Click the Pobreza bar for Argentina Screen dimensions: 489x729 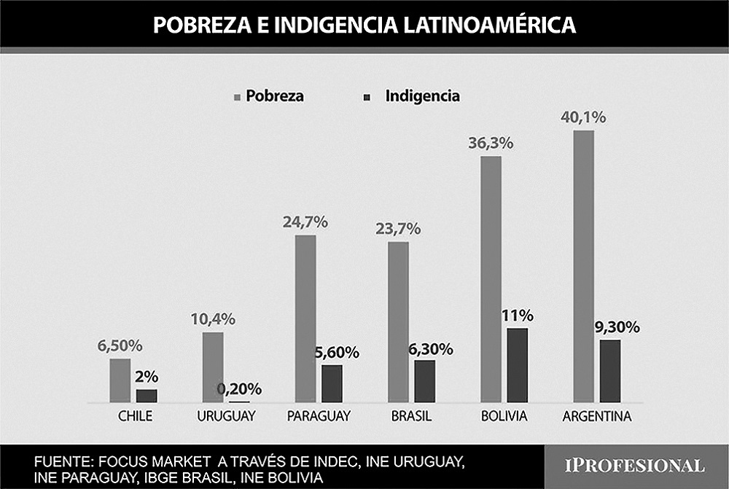click(x=584, y=266)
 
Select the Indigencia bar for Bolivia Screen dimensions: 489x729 click(x=517, y=365)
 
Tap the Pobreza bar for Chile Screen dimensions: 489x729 click(x=120, y=380)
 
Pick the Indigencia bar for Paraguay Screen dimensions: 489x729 click(x=332, y=383)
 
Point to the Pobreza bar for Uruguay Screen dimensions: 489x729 click(x=213, y=367)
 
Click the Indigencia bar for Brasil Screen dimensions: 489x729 click(x=424, y=380)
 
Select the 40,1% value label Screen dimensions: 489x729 click(x=584, y=117)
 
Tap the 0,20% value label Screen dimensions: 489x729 click(x=239, y=389)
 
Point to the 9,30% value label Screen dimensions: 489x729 click(x=617, y=327)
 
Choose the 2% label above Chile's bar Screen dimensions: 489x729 click(x=147, y=377)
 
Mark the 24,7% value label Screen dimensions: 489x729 click(x=305, y=222)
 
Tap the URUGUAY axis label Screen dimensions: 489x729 click(x=225, y=417)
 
